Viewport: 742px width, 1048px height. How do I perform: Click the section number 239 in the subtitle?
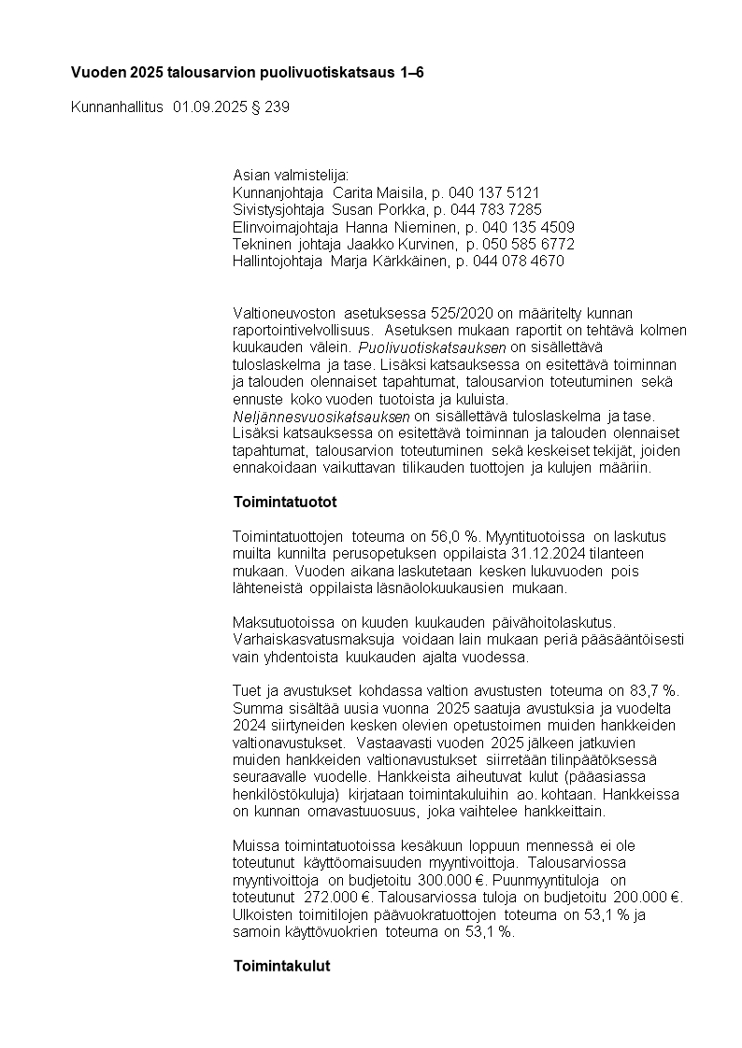click(x=278, y=107)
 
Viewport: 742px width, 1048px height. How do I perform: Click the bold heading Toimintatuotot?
click(x=285, y=502)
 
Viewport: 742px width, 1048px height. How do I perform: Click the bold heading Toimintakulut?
click(x=281, y=966)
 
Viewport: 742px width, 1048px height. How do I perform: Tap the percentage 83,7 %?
click(x=657, y=690)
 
